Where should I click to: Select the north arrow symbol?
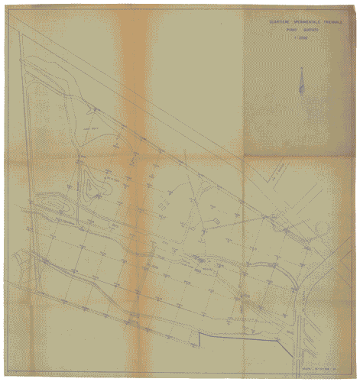(303, 80)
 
